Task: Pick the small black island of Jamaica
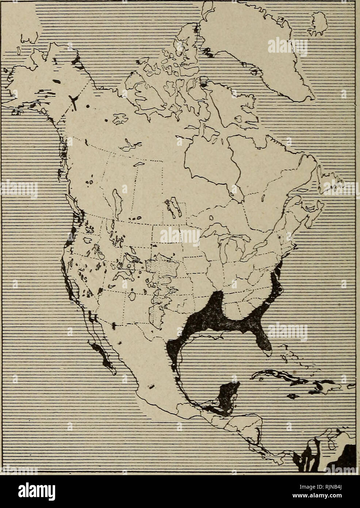point(292,396)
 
